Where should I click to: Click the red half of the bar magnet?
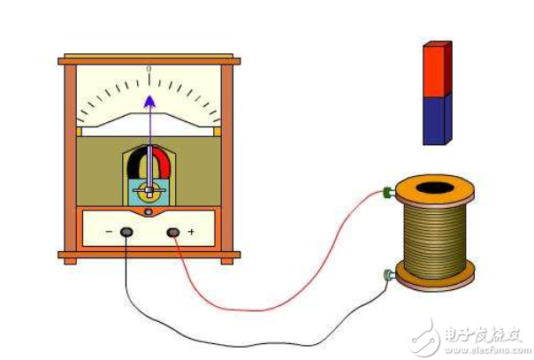[435, 69]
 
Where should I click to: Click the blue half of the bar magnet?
[435, 119]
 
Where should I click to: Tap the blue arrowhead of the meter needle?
[149, 100]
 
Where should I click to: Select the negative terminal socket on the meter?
[127, 232]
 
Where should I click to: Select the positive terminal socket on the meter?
[173, 232]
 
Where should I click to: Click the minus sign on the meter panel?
[108, 233]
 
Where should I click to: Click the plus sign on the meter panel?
[191, 233]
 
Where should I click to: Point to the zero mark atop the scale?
[149, 68]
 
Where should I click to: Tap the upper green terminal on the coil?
[387, 191]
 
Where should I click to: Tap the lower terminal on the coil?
[387, 276]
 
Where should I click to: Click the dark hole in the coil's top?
[433, 188]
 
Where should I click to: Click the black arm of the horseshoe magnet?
[133, 164]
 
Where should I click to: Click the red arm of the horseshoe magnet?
[164, 164]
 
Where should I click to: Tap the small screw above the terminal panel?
[149, 212]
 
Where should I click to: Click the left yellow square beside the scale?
[79, 132]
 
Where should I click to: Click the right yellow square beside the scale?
[217, 132]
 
